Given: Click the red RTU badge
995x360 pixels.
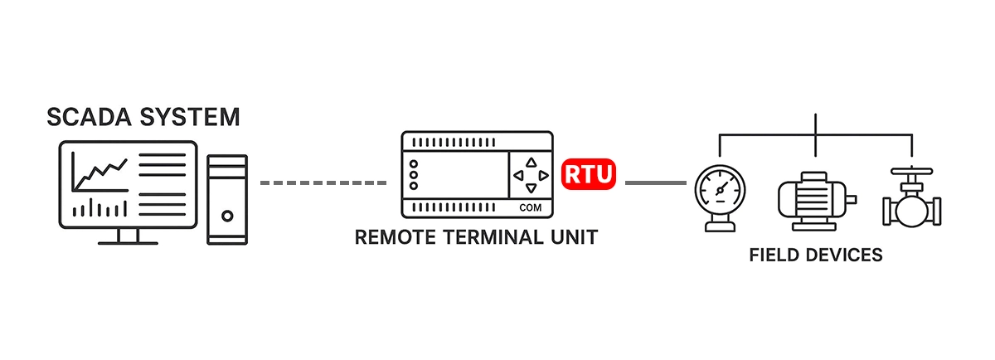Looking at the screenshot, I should click(x=589, y=174).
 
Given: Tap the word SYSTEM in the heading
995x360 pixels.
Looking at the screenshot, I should click(x=192, y=118).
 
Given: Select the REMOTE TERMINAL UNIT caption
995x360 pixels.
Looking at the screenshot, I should click(x=476, y=238).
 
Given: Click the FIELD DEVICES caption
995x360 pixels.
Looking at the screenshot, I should click(x=816, y=255).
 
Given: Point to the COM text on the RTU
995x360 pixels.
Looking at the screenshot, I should click(x=530, y=207).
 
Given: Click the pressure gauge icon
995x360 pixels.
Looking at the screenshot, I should click(x=719, y=193).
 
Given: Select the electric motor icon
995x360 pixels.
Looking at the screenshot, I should click(x=815, y=200).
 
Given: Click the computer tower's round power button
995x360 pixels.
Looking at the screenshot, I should click(x=227, y=216).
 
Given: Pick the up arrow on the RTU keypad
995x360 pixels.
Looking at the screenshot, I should click(x=531, y=163).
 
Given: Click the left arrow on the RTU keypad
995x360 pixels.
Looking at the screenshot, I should click(x=517, y=176).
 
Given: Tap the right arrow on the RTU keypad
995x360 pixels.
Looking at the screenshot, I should click(x=543, y=176).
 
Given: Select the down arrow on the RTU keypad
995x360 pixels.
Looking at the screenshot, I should click(x=531, y=189).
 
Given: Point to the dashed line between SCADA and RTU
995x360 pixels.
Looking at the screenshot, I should click(x=323, y=182).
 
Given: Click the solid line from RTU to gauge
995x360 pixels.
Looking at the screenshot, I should click(x=655, y=182).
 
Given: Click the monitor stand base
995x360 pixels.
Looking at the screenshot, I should click(x=127, y=242).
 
